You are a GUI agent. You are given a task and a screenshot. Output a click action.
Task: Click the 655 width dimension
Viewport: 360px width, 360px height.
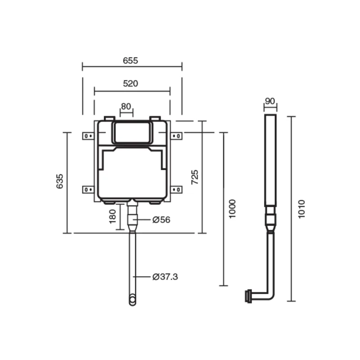130,61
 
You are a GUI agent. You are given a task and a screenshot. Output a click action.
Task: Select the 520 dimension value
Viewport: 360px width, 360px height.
130,84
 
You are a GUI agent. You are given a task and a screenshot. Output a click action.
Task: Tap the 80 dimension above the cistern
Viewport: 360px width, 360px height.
126,107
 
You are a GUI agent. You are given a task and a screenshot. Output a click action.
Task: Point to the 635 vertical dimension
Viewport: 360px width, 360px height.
60,181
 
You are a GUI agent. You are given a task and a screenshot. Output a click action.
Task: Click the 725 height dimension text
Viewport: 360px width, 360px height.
195,177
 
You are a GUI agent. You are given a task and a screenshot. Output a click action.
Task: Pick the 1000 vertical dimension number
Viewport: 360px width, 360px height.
232,209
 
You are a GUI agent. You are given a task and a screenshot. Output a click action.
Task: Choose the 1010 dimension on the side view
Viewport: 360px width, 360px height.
301,209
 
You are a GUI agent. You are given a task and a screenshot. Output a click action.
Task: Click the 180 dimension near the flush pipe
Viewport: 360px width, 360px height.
112,216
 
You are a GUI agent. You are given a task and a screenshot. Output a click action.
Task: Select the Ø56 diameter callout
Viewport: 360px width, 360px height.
162,220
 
